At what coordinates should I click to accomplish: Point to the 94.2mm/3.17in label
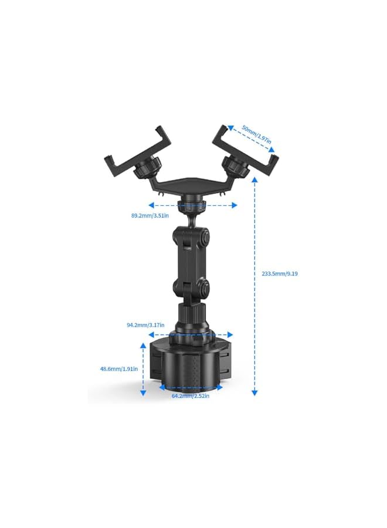point(145,324)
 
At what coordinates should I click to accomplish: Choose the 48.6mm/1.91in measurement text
point(118,369)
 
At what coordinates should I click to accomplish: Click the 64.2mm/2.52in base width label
point(190,396)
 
